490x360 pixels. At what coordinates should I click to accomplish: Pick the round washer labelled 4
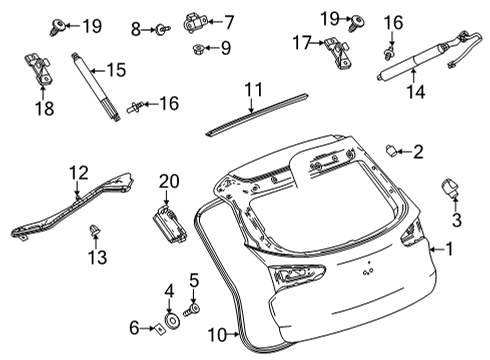(x=170, y=321)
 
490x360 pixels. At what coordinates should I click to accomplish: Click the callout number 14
(x=414, y=92)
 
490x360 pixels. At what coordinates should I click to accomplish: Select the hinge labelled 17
(x=335, y=45)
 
